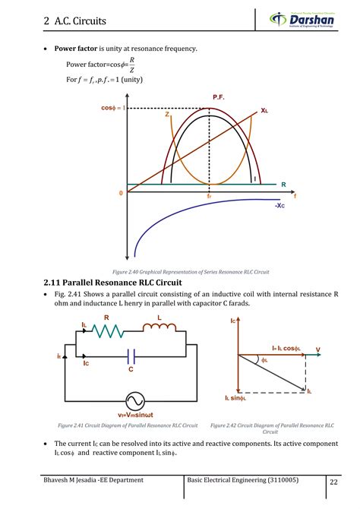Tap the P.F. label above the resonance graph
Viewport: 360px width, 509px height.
tap(218, 97)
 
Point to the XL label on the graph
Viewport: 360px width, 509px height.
tap(264, 111)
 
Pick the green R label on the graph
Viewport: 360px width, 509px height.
tap(283, 185)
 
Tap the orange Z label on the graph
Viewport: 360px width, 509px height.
tap(166, 115)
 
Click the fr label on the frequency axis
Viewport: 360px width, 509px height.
tap(209, 196)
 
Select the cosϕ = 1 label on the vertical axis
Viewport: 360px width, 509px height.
tap(112, 108)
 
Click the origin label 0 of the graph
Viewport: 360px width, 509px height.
tap(120, 194)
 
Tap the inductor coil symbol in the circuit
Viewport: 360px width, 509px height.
tap(159, 327)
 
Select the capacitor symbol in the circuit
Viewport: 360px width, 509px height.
tap(131, 356)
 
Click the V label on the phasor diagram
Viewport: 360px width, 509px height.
tap(317, 350)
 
